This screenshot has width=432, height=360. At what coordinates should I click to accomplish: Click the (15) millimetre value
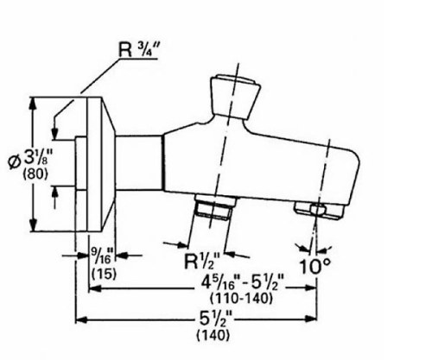click(103, 273)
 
